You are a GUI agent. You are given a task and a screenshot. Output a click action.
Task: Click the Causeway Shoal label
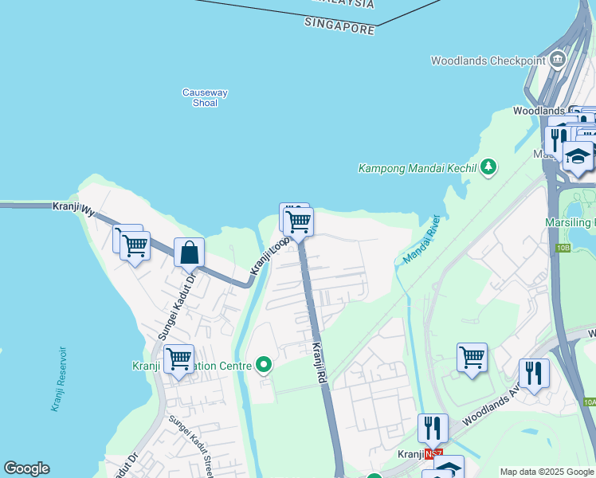[205, 97]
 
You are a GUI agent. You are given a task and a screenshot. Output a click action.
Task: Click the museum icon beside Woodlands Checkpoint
[557, 60]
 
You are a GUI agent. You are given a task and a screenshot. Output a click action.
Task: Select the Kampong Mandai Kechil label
[417, 168]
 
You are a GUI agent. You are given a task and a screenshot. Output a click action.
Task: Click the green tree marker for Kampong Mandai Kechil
[488, 167]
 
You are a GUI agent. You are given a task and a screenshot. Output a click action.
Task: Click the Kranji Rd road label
[320, 360]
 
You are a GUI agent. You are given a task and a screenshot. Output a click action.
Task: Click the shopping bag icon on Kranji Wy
[190, 253]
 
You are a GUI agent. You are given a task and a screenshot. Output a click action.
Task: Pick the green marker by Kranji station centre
[264, 366]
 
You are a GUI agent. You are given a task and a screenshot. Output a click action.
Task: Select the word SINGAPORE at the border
[339, 26]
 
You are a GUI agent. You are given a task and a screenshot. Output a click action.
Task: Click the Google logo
[26, 468]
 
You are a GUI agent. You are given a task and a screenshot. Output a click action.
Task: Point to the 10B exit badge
[564, 249]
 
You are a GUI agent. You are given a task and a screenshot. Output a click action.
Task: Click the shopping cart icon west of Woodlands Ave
[472, 356]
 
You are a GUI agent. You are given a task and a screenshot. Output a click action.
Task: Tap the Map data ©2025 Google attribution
[546, 472]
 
